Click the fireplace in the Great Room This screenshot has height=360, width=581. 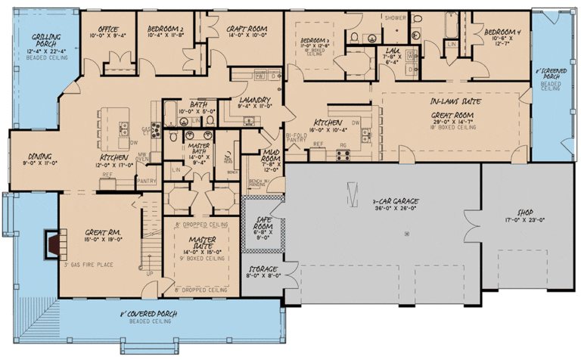(50, 244)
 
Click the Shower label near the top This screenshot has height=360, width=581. (395, 17)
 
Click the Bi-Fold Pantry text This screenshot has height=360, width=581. (297, 137)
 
